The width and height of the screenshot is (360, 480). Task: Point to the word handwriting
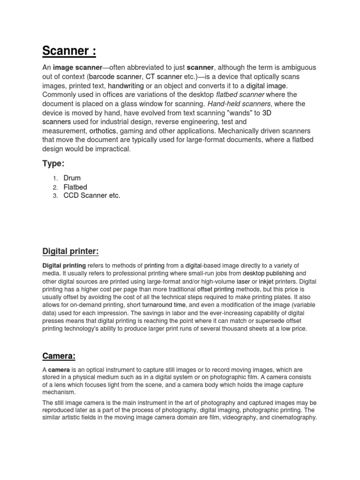126,86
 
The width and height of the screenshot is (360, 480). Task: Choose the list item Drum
72,178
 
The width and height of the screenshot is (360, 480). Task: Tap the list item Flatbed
75,187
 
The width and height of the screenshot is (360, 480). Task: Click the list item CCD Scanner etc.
92,195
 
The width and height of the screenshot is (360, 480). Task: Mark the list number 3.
54,196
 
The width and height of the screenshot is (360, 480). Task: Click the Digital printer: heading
71,252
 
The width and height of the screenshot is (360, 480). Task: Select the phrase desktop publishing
269,273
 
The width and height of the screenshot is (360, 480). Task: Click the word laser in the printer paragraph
243,281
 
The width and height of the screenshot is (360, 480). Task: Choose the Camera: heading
59,356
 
